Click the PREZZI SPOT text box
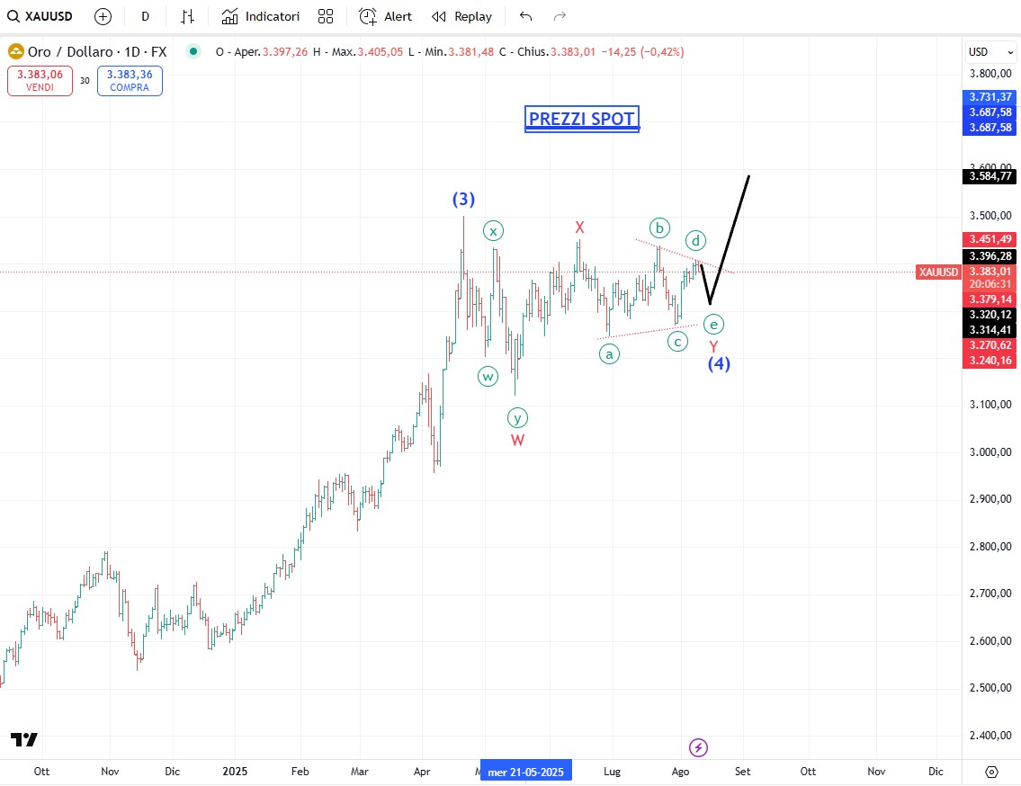point(582,119)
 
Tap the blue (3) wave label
point(463,199)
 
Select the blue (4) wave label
point(719,363)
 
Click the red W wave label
point(518,440)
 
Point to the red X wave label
point(580,228)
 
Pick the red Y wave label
point(713,346)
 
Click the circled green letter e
point(713,324)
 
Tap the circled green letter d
point(695,240)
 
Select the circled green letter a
point(610,353)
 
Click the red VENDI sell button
point(40,81)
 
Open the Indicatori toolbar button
point(261,16)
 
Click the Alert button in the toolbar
point(386,16)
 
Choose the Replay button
point(462,16)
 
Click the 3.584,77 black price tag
point(990,176)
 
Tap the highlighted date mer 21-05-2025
point(526,772)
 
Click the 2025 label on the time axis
point(235,772)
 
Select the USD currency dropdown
point(988,51)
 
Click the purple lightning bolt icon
point(699,747)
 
